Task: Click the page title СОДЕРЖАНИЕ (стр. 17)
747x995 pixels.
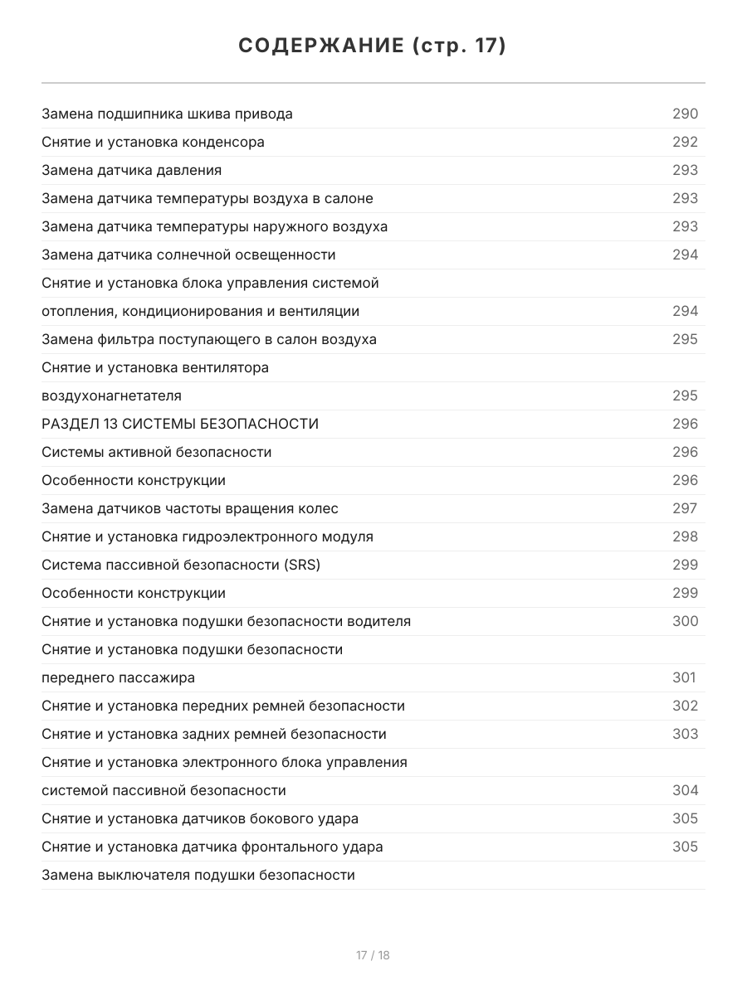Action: (x=373, y=46)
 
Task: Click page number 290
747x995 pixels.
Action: (x=685, y=114)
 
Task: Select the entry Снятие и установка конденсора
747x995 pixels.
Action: (x=153, y=142)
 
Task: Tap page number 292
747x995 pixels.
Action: (x=685, y=142)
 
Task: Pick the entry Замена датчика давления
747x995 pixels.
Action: (x=131, y=170)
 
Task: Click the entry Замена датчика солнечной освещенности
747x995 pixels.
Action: (x=188, y=255)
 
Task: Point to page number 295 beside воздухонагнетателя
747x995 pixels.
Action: (x=685, y=396)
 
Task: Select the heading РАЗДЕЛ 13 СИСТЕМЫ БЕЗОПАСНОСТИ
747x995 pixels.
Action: (x=180, y=424)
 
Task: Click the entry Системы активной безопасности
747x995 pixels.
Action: (x=156, y=452)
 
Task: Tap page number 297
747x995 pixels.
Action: (x=685, y=508)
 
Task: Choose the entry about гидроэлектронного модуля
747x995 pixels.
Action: (x=207, y=536)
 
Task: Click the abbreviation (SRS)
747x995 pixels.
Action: (x=301, y=565)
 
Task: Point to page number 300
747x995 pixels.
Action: (x=685, y=621)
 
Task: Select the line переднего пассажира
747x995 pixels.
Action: (x=118, y=677)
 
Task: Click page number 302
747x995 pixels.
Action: (x=685, y=706)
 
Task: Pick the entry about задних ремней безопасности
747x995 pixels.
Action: (x=214, y=734)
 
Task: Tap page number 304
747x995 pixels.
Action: (x=685, y=790)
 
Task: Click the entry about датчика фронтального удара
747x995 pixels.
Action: (x=212, y=847)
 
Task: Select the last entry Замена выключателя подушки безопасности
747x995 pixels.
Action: (x=198, y=875)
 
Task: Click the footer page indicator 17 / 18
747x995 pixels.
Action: (x=373, y=955)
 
